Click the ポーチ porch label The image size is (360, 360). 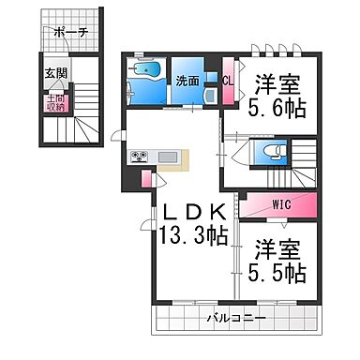[71, 32]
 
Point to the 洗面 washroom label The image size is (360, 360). [186, 82]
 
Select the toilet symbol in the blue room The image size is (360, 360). [267, 152]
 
